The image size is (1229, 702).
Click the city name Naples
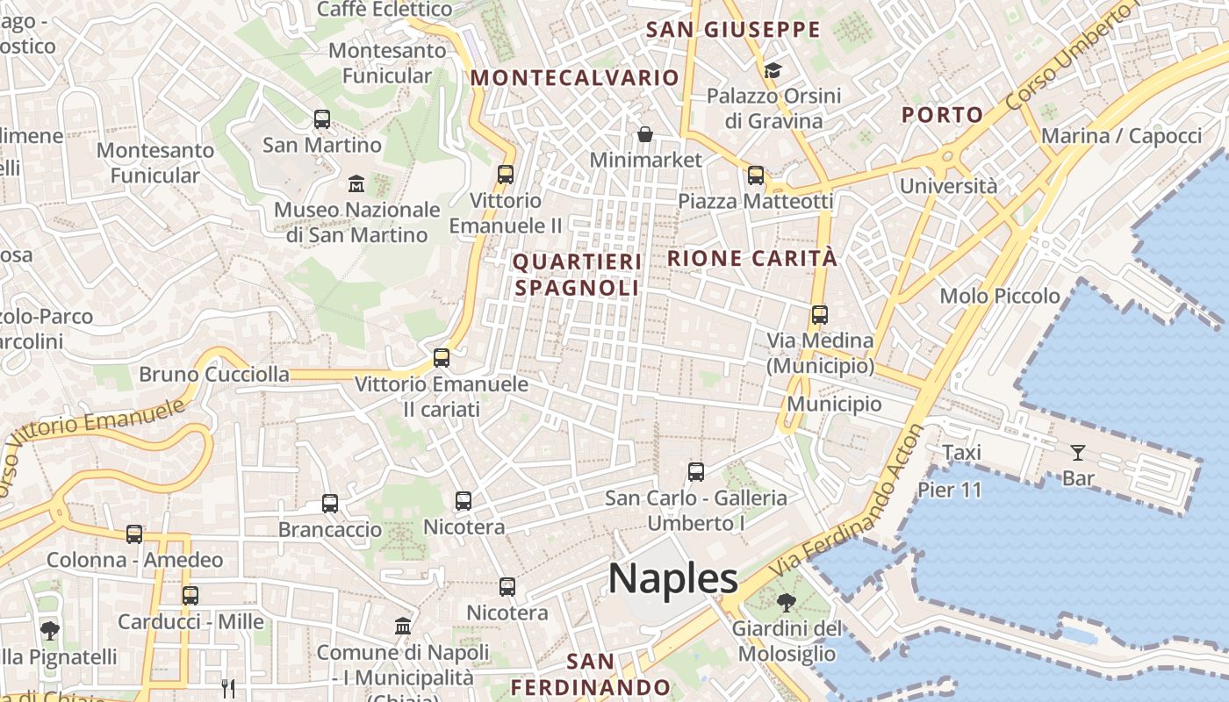pos(673,579)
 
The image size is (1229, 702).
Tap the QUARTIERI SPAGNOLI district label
pos(577,275)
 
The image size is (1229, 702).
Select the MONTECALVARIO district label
pos(575,77)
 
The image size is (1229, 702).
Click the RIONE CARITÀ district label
pos(753,258)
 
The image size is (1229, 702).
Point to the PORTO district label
pos(943,114)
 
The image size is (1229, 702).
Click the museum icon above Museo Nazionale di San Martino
pos(356,183)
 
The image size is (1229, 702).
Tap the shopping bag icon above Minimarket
pos(645,134)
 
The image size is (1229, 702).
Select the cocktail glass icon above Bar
pos(1078,453)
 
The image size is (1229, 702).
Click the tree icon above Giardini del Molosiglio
pos(787,603)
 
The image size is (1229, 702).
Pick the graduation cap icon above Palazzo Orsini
pos(773,70)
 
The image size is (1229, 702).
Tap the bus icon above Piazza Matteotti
pos(756,175)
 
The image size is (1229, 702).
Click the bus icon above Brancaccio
pos(330,504)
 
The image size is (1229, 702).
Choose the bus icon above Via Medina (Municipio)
pos(820,314)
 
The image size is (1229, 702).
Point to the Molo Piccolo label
pos(1000,296)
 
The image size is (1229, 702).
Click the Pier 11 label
pos(950,490)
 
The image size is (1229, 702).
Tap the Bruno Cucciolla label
pos(214,375)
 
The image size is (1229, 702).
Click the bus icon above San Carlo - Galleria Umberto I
pos(696,472)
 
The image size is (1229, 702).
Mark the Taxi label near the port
pos(961,453)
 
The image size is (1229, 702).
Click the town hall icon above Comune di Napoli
pos(403,626)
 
